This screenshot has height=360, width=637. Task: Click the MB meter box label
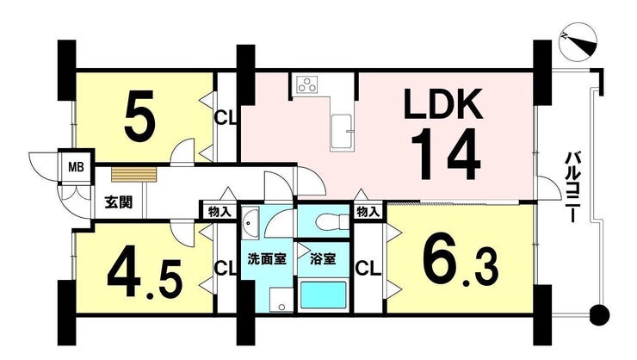pyautogui.click(x=76, y=167)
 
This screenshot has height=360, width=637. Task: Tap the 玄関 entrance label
pyautogui.click(x=119, y=202)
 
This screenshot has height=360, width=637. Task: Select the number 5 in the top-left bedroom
pyautogui.click(x=139, y=115)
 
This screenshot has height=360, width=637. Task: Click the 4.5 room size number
pyautogui.click(x=145, y=276)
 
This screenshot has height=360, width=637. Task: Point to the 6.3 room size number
pyautogui.click(x=461, y=263)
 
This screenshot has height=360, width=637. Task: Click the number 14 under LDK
pyautogui.click(x=446, y=154)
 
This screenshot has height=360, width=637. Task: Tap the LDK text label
pyautogui.click(x=443, y=103)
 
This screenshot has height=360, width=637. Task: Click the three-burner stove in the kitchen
pyautogui.click(x=307, y=84)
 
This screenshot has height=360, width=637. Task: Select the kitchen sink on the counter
pyautogui.click(x=341, y=133)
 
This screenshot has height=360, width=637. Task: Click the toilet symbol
pyautogui.click(x=332, y=221)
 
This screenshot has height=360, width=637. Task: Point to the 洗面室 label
pyautogui.click(x=267, y=259)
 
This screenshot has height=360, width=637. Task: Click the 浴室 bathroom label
pyautogui.click(x=323, y=259)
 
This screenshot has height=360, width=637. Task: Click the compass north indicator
pyautogui.click(x=578, y=42)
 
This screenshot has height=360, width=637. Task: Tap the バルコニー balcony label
pyautogui.click(x=573, y=187)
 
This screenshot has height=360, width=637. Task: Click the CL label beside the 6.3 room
pyautogui.click(x=368, y=268)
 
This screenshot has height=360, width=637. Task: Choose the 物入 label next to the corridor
pyautogui.click(x=220, y=211)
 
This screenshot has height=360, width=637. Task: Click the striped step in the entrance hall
pyautogui.click(x=133, y=175)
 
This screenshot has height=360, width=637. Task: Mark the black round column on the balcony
pyautogui.click(x=600, y=314)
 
